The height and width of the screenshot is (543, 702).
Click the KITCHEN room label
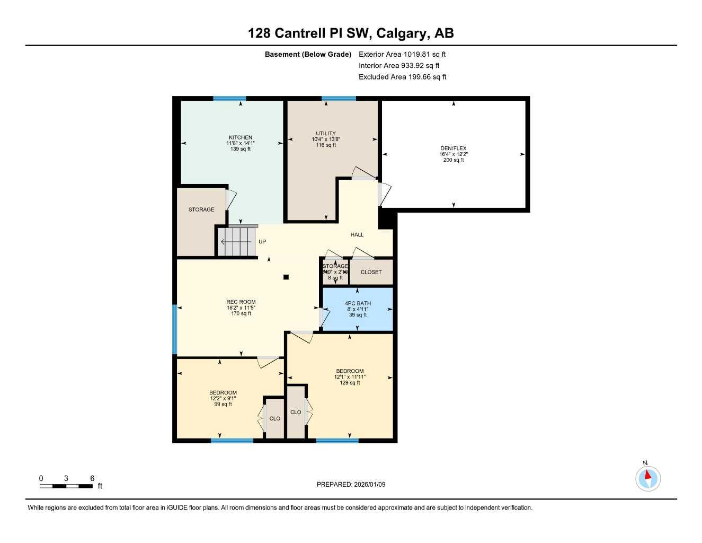tap(240, 137)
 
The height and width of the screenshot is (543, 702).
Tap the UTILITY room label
tap(325, 134)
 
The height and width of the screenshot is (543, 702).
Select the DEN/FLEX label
tap(453, 148)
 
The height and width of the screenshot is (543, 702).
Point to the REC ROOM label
tap(241, 302)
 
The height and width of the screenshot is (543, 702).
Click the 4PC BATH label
tap(358, 303)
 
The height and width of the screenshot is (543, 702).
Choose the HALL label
tap(357, 234)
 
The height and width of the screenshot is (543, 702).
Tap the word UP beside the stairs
tap(262, 242)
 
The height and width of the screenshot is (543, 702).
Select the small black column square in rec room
tap(286, 277)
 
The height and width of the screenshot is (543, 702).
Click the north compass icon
tap(647, 478)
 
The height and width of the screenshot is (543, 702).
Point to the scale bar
tap(66, 486)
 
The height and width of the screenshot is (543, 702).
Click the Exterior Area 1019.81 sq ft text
tap(402, 54)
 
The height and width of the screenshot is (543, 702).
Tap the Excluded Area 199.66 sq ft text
tap(402, 77)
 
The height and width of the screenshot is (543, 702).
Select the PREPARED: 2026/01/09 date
tap(351, 484)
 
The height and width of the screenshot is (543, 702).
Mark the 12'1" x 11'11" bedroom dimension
tap(350, 377)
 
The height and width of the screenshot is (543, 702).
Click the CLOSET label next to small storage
tap(371, 272)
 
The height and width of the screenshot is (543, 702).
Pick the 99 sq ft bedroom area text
tap(223, 404)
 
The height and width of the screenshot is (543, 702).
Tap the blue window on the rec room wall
tap(174, 329)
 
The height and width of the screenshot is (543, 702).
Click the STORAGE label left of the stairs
tap(201, 209)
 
